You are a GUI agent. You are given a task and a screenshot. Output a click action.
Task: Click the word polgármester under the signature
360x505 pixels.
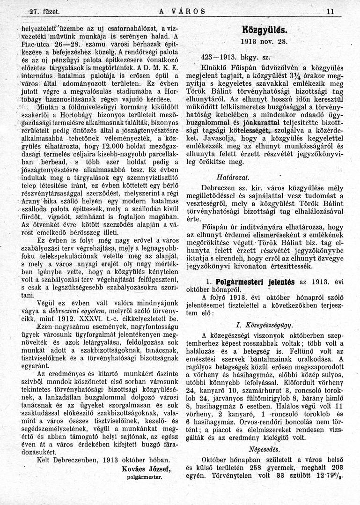coord(145,478)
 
